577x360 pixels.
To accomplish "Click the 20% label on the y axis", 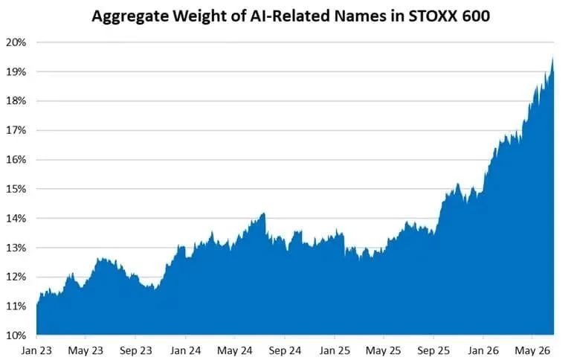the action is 16,42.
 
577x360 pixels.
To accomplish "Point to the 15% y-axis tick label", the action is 16,189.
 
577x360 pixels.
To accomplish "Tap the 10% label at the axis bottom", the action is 16,335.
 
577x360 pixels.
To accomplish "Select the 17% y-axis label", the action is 16,130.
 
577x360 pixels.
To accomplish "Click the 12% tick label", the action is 16,277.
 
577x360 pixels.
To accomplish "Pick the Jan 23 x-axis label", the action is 36,350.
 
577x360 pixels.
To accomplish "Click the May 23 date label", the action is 86,350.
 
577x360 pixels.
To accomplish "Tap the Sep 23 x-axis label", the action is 135,350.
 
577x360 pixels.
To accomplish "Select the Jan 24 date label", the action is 185,350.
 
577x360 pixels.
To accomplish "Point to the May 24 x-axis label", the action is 235,350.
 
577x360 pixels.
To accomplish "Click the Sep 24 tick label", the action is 285,350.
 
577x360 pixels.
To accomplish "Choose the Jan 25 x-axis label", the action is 335,350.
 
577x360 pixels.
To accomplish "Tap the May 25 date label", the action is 384,350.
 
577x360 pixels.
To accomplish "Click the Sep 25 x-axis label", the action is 433,350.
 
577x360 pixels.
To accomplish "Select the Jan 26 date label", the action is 483,350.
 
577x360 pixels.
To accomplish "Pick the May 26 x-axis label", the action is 532,350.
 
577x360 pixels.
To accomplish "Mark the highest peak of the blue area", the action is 552,58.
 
